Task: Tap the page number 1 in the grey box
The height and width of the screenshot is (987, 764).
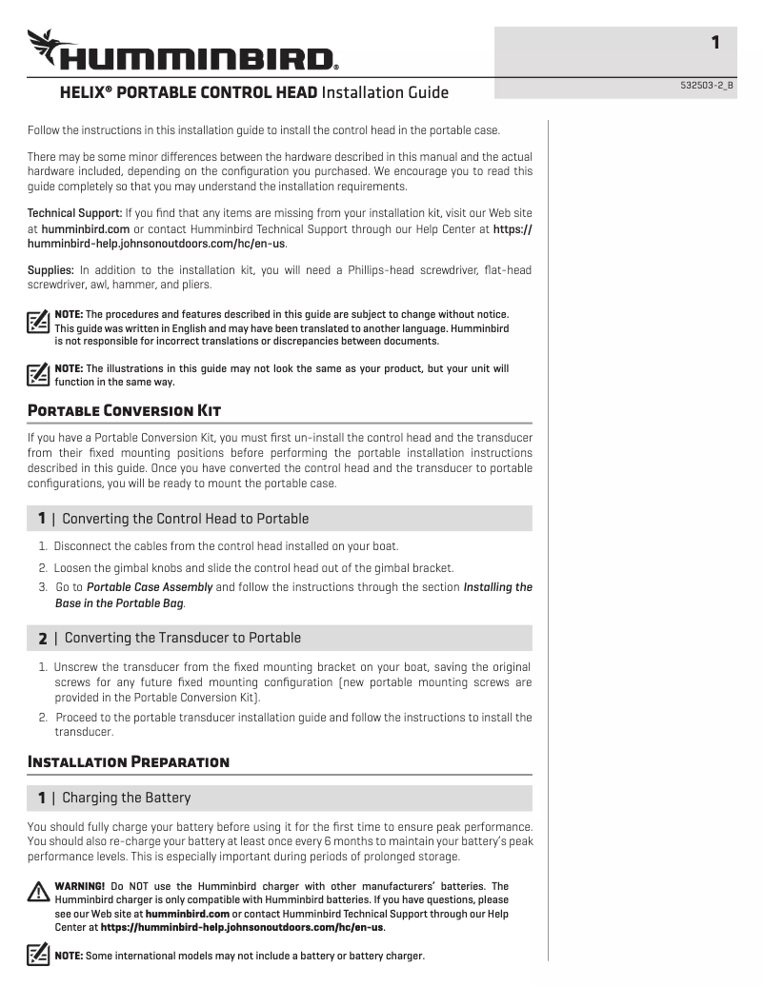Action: tap(715, 42)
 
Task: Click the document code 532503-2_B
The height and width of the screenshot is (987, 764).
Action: tap(707, 86)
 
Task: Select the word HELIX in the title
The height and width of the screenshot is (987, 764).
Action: tap(84, 93)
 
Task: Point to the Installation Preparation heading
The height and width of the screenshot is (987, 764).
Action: tap(129, 761)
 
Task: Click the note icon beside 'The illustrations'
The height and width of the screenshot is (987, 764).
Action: tap(38, 374)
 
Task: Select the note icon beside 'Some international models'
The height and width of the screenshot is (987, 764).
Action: tap(38, 954)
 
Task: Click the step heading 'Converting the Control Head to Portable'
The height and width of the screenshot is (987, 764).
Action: tap(185, 519)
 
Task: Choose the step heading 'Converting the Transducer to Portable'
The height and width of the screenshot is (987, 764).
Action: tap(182, 638)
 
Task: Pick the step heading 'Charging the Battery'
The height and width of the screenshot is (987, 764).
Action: tap(126, 797)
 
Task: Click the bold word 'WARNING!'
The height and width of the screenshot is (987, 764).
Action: tap(80, 886)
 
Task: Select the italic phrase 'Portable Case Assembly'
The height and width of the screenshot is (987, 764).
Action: tap(150, 587)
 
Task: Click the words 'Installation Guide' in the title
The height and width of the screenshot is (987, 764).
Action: tap(385, 93)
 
